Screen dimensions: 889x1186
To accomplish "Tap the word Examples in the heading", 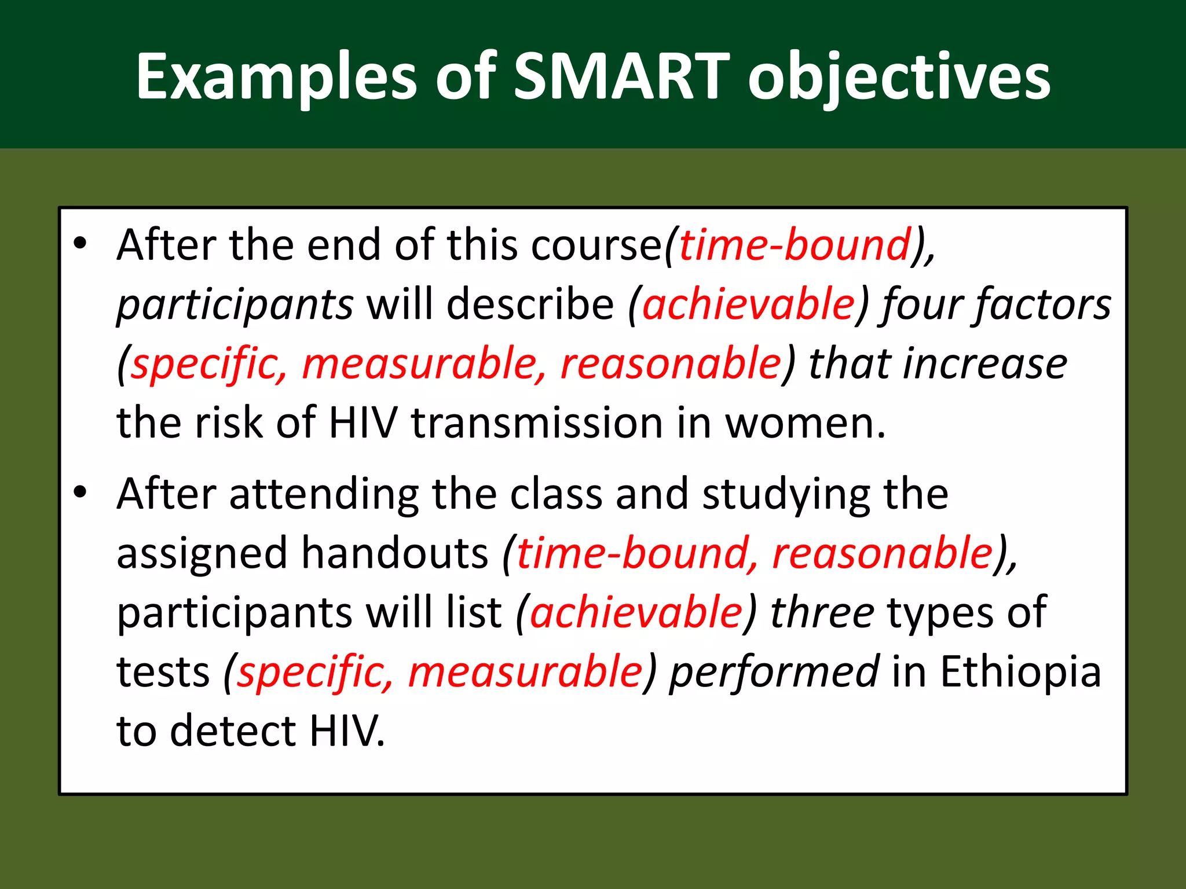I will [276, 76].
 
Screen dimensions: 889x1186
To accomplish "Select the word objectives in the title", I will [899, 76].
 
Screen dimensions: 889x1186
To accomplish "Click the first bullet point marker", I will [80, 244].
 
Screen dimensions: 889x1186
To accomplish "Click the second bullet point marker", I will [80, 493].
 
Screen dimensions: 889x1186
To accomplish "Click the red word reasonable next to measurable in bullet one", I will [671, 364].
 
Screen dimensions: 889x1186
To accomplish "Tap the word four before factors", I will [921, 304].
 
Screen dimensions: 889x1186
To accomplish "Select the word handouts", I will [395, 553].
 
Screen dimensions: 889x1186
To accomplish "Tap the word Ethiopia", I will [1020, 672].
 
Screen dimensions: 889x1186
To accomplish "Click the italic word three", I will [822, 612].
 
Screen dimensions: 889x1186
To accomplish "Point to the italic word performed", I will [774, 672].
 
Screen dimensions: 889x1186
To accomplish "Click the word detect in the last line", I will [233, 731].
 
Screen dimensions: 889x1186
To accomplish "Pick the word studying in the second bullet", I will [785, 494].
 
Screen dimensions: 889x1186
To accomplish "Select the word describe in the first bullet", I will [530, 304].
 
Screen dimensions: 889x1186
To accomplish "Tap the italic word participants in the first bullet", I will [235, 304].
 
